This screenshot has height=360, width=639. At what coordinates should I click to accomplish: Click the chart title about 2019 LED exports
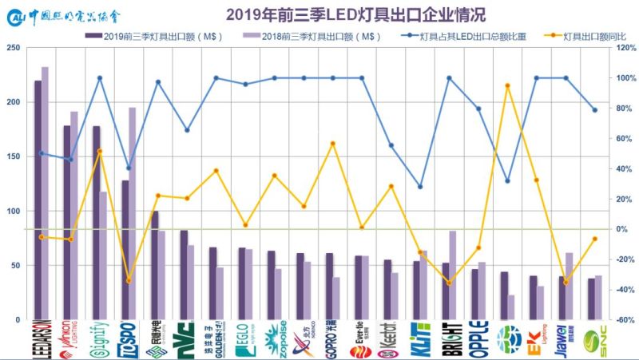[x=355, y=14]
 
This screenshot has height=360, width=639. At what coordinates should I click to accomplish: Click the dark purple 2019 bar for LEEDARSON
[x=38, y=200]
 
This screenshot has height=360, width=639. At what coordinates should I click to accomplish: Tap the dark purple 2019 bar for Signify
[x=96, y=223]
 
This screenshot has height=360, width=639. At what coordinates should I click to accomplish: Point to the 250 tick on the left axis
[x=14, y=48]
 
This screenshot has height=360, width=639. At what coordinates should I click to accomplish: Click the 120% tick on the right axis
[x=624, y=48]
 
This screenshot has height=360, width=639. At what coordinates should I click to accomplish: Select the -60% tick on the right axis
[x=624, y=319]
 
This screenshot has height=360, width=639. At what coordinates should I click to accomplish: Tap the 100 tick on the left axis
[x=14, y=212]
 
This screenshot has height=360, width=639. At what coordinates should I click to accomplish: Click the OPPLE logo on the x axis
[x=478, y=339]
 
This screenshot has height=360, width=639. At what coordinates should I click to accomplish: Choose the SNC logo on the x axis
[x=594, y=339]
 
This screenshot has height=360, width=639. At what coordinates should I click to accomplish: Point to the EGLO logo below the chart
[x=245, y=339]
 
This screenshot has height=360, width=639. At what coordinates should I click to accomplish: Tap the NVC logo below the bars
[x=188, y=339]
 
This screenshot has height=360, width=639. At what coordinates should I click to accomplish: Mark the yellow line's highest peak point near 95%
[x=507, y=85]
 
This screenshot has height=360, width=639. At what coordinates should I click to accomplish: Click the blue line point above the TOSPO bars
[x=129, y=168]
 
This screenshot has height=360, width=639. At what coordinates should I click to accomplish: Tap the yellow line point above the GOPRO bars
[x=333, y=144]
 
